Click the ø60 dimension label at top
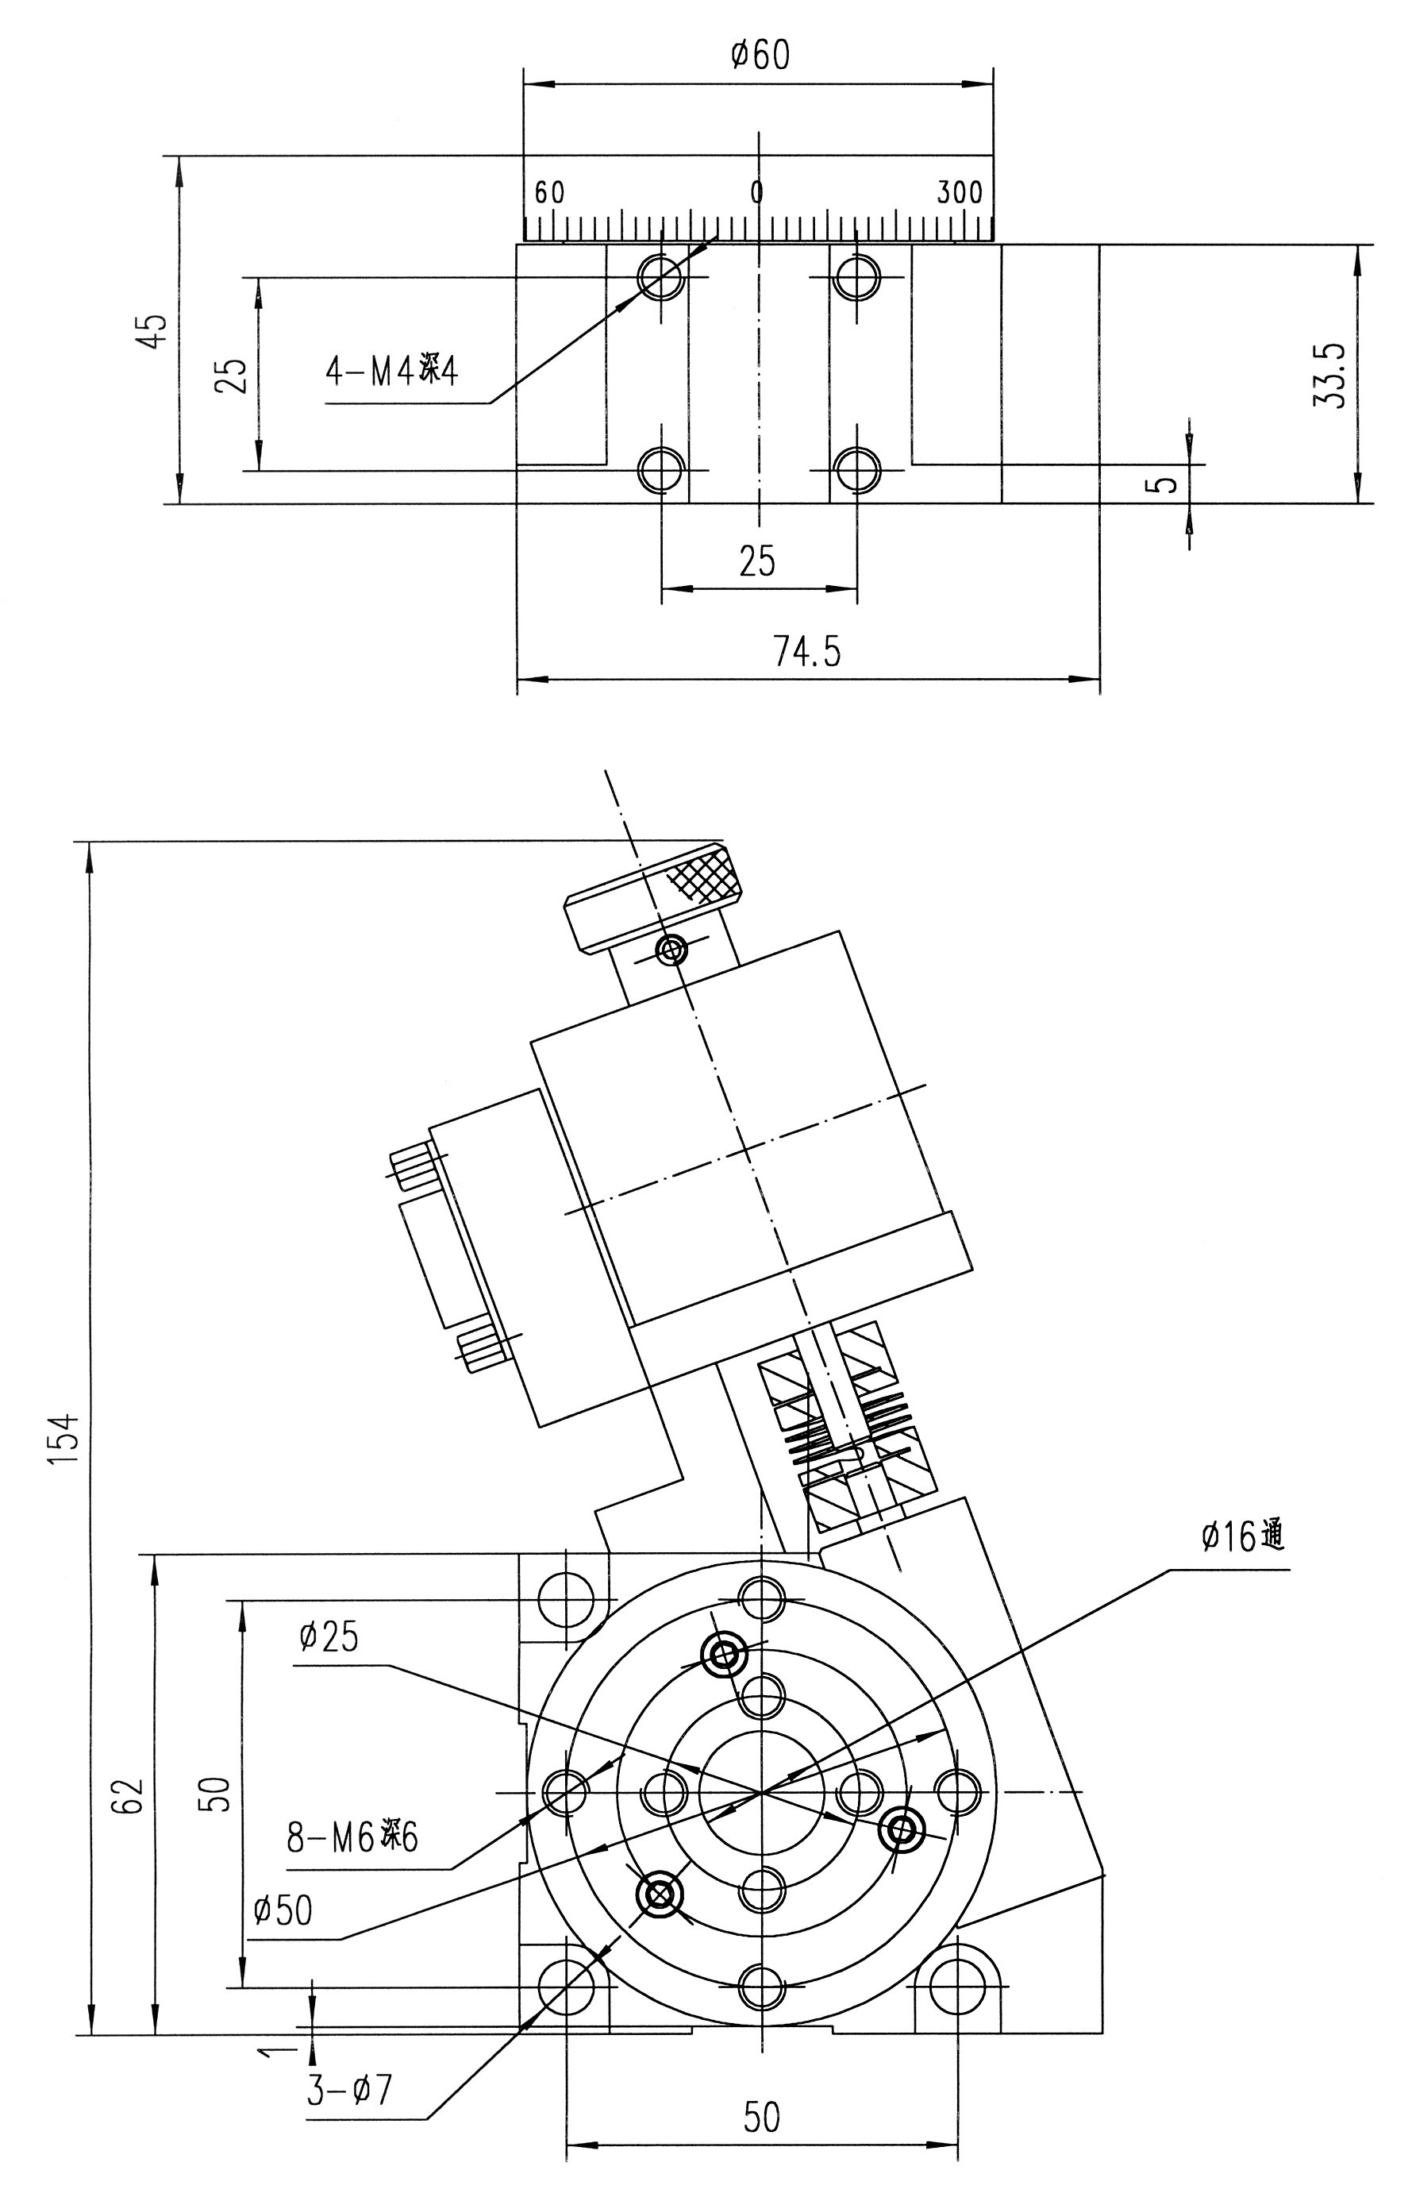coord(760,56)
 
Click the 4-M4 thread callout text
coord(391,372)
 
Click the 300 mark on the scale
coord(959,193)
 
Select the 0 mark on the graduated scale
coord(757,193)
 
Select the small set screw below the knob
coord(672,948)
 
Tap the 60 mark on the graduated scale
coord(549,193)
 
